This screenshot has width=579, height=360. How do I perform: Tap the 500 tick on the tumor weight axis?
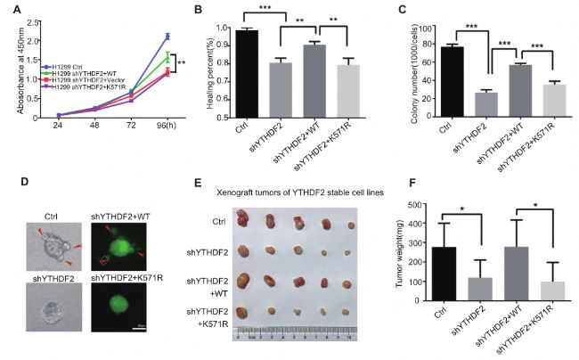[418, 205]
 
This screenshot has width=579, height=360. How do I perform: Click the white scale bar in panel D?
[141, 326]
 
